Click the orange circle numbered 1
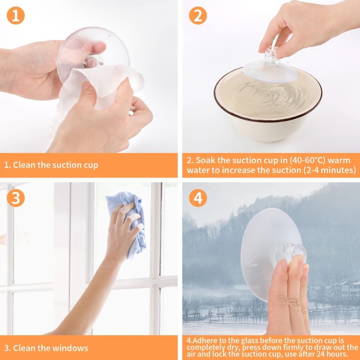16,16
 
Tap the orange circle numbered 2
198,16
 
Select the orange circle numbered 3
16,198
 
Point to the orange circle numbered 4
198,198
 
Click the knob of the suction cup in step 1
93,61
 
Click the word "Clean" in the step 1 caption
24,165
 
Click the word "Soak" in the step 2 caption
206,160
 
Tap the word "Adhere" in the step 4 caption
203,341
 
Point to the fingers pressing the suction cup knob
288,296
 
